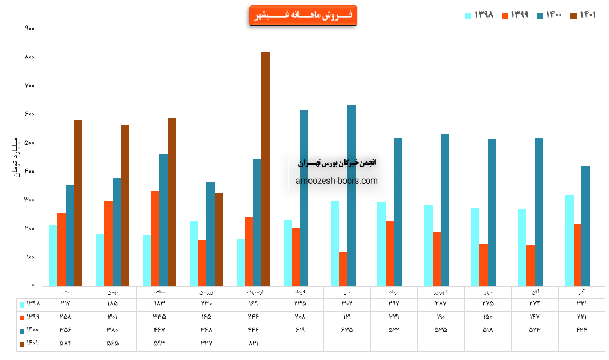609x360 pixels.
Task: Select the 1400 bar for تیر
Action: click(351, 196)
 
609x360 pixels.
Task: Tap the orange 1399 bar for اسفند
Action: click(155, 239)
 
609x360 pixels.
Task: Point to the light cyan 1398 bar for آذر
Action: click(569, 241)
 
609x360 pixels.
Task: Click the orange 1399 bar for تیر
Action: click(343, 269)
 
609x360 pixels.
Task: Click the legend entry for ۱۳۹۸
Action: click(479, 15)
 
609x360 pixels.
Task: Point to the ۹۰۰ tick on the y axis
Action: click(30, 28)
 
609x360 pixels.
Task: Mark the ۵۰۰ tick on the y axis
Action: click(30, 143)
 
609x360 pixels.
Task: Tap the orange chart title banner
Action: click(303, 15)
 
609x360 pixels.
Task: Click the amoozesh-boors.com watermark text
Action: click(337, 181)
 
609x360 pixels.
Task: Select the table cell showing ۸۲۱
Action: click(253, 343)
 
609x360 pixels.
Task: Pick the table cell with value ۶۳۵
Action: click(347, 330)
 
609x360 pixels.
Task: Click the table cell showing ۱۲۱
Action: click(347, 317)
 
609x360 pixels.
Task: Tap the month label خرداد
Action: click(300, 292)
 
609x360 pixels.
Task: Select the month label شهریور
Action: click(441, 292)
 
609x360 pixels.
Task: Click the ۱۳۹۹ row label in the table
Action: click(30, 317)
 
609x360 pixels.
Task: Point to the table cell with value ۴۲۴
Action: click(581, 330)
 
